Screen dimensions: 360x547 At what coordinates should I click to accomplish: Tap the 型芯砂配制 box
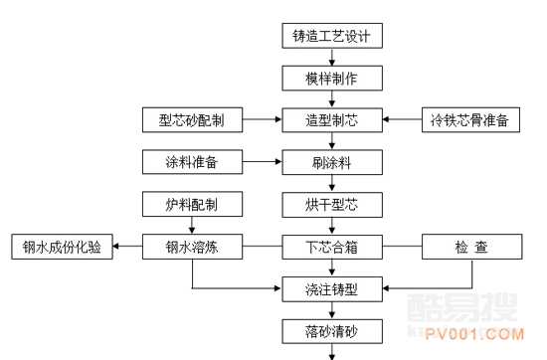tap(192, 120)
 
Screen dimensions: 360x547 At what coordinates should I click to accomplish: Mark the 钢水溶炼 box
tap(192, 246)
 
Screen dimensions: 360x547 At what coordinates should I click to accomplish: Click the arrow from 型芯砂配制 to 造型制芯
tap(262, 120)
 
